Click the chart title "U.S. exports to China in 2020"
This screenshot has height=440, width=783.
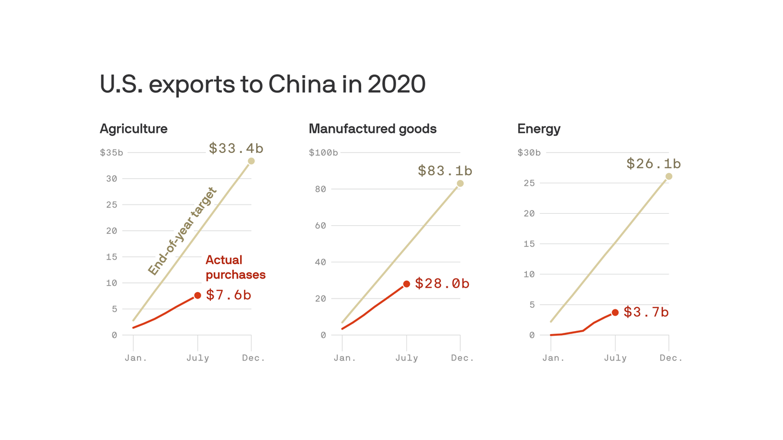click(263, 85)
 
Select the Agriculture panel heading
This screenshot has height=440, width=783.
click(134, 129)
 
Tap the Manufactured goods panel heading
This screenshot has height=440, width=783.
click(373, 129)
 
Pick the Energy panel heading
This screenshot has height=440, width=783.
click(539, 129)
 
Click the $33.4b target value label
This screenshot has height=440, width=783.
click(236, 148)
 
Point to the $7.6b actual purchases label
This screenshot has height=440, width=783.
click(228, 295)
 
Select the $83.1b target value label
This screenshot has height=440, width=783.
click(445, 171)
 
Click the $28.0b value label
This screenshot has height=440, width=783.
click(442, 284)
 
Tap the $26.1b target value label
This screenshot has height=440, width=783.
click(653, 164)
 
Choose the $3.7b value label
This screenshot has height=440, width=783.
click(646, 312)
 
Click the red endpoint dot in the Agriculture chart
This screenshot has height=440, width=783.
click(198, 295)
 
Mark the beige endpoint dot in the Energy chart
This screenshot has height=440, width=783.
click(669, 176)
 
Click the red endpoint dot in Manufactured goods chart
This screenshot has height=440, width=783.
click(406, 284)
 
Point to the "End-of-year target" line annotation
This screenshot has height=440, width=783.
click(182, 231)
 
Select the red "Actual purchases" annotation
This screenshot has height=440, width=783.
click(235, 268)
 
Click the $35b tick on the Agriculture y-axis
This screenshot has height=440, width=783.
click(111, 153)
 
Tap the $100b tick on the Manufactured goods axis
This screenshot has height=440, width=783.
click(323, 153)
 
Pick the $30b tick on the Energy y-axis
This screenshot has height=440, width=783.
click(528, 153)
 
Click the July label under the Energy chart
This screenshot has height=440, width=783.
click(615, 358)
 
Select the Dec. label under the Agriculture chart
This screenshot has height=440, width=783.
click(253, 358)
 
